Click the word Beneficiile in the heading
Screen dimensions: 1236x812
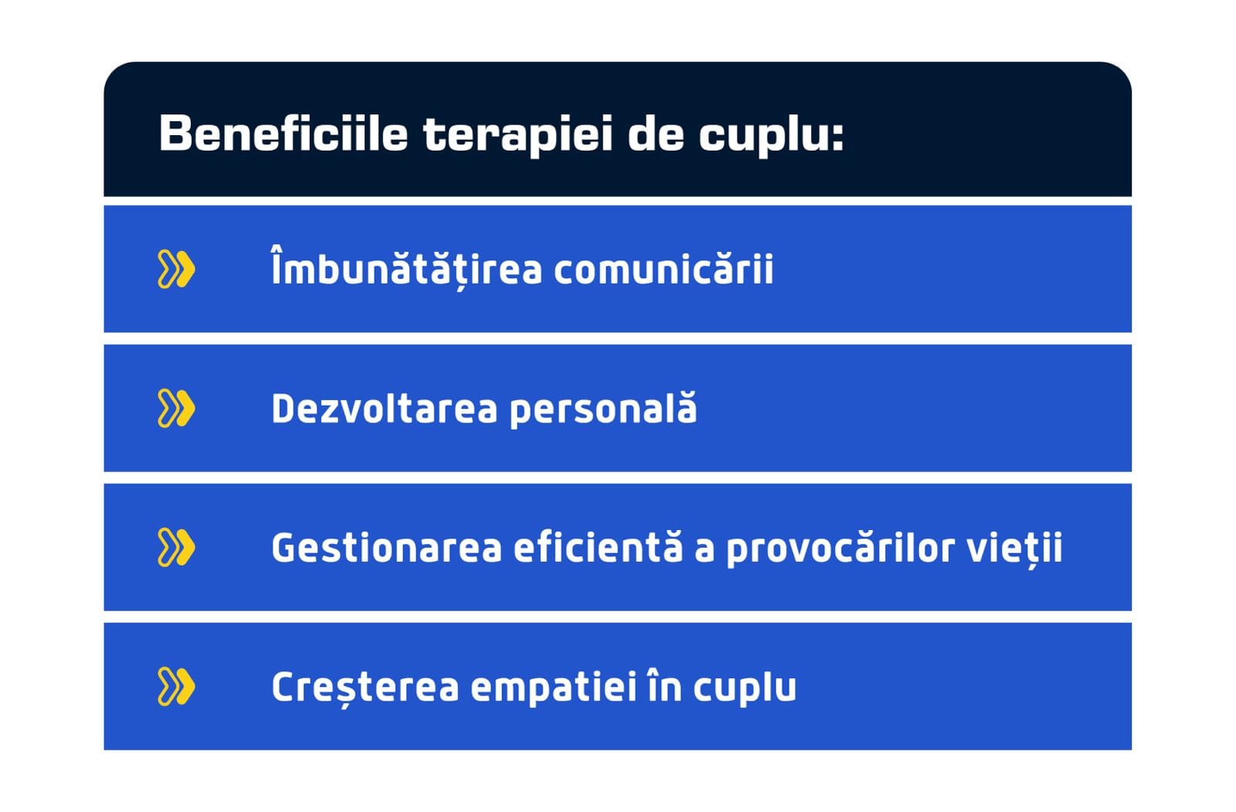284,133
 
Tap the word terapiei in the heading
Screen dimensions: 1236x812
518,136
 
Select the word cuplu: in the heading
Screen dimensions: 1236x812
771,136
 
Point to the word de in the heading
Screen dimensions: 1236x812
656,133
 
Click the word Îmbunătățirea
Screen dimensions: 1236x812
406,268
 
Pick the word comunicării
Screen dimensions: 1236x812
664,268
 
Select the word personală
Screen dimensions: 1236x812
603,409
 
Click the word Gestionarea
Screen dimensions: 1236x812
387,548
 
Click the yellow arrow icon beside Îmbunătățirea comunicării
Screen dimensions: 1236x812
176,269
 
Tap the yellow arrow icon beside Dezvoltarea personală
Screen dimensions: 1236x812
176,409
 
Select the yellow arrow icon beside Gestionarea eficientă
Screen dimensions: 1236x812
176,548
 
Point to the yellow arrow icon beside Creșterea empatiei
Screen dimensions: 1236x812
176,687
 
